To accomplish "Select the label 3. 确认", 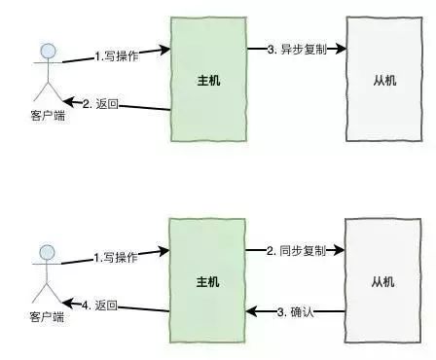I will pos(297,311).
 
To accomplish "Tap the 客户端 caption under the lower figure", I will pos(45,318).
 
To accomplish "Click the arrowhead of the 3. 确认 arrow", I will pos(249,311).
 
